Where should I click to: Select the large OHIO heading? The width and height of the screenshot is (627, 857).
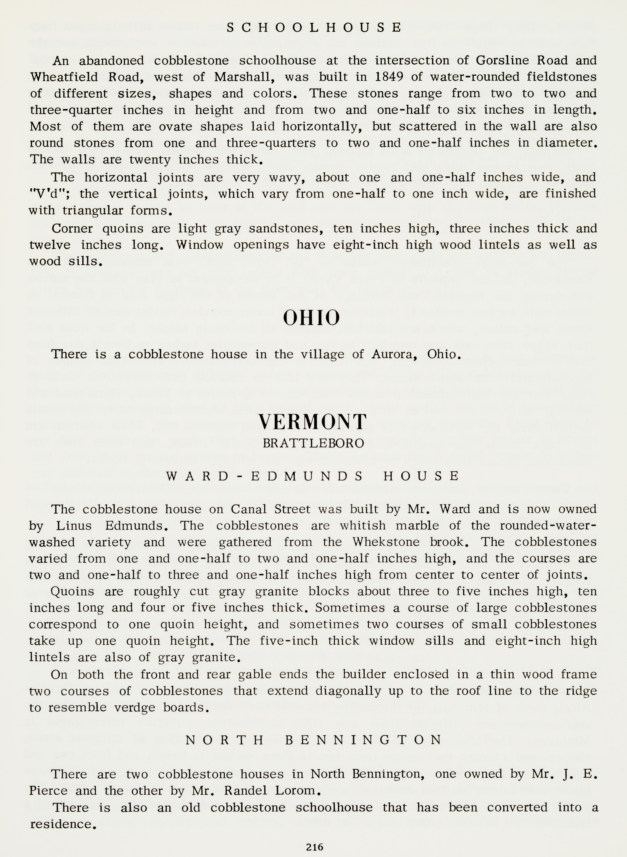tap(311, 318)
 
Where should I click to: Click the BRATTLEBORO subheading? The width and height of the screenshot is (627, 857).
tap(313, 443)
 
